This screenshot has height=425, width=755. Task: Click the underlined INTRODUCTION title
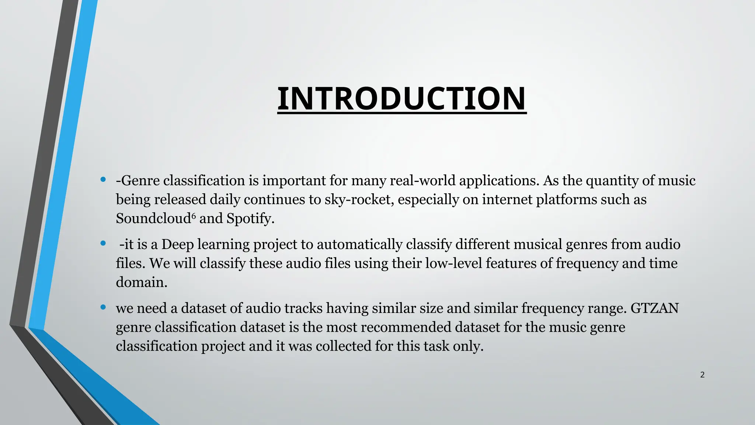pyautogui.click(x=401, y=99)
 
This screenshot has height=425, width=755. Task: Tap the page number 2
pyautogui.click(x=702, y=375)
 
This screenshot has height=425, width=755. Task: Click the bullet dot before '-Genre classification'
pyautogui.click(x=103, y=180)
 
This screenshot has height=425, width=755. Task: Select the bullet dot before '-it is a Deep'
pyautogui.click(x=103, y=243)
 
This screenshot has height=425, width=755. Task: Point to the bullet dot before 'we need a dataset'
pyautogui.click(x=103, y=307)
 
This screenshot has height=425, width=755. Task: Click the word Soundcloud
pyautogui.click(x=153, y=218)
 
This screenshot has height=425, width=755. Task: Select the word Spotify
pyautogui.click(x=250, y=219)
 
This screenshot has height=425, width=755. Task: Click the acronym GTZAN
pyautogui.click(x=654, y=308)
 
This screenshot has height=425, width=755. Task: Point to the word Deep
pyautogui.click(x=177, y=245)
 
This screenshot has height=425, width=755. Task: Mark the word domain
pyautogui.click(x=142, y=282)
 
